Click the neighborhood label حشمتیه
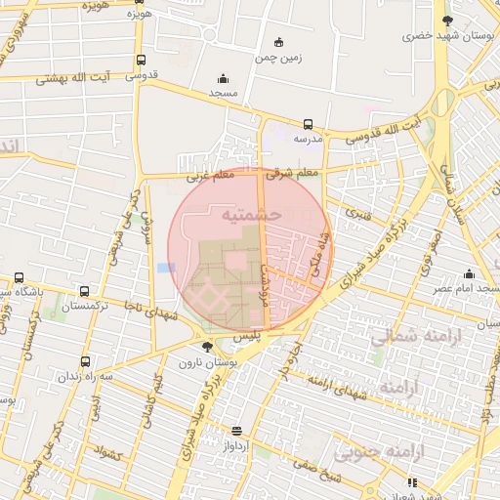click(x=252, y=213)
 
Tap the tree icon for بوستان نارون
click(x=206, y=346)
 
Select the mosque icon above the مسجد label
click(x=223, y=79)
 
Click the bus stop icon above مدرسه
click(x=309, y=124)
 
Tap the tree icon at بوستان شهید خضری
click(x=448, y=20)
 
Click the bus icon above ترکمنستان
click(x=85, y=291)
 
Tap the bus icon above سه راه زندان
click(x=85, y=362)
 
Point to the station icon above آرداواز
click(x=236, y=431)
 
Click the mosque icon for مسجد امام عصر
click(x=470, y=273)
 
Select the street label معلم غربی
click(x=209, y=175)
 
